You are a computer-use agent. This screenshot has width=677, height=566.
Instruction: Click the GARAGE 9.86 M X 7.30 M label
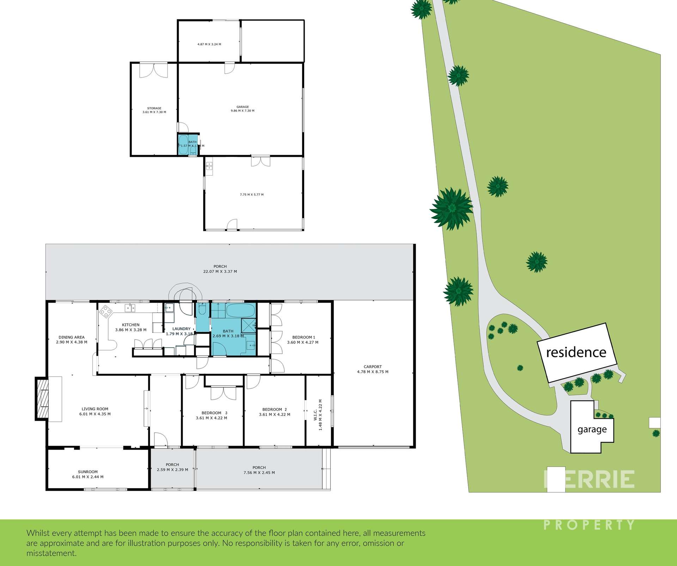pos(243,109)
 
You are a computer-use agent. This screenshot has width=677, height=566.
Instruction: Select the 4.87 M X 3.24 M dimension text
pos(209,44)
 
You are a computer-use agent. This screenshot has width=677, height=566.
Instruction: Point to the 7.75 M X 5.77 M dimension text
pos(251,195)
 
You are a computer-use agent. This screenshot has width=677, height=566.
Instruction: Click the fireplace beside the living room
pos(42,399)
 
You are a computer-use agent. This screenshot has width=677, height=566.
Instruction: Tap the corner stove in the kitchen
pos(106,311)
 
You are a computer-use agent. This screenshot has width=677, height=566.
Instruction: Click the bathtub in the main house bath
pos(240,311)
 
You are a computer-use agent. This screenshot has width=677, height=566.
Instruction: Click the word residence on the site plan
pos(576,352)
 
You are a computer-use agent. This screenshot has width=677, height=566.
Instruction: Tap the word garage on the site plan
pos(592,430)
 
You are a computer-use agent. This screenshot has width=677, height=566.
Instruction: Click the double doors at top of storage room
pos(153,70)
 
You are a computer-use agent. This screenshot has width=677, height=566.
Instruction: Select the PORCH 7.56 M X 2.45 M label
pos(259,470)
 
